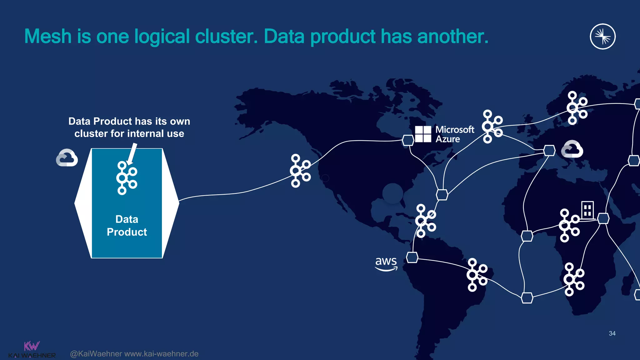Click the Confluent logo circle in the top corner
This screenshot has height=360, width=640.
[x=602, y=37]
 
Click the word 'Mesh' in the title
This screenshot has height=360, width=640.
[x=48, y=37]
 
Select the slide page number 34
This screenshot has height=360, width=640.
[x=612, y=333]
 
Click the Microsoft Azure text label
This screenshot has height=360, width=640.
[x=454, y=134]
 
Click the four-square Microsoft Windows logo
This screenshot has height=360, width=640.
[x=423, y=134]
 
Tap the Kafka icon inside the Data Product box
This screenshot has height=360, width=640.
[x=126, y=178]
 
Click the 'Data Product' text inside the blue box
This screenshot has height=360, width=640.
[x=127, y=226]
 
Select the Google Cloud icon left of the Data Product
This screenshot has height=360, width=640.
[x=67, y=158]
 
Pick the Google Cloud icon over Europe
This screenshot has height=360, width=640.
[x=572, y=149]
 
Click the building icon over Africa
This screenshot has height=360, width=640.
[x=587, y=210]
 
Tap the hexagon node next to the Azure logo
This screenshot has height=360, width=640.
[x=408, y=140]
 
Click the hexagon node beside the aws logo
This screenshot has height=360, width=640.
[x=412, y=257]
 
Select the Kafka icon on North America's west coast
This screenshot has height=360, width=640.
[x=300, y=171]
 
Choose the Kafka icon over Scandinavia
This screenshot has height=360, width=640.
[x=577, y=108]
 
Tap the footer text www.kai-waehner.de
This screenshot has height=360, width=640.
[x=161, y=354]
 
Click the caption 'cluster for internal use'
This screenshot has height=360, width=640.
[x=129, y=134]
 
